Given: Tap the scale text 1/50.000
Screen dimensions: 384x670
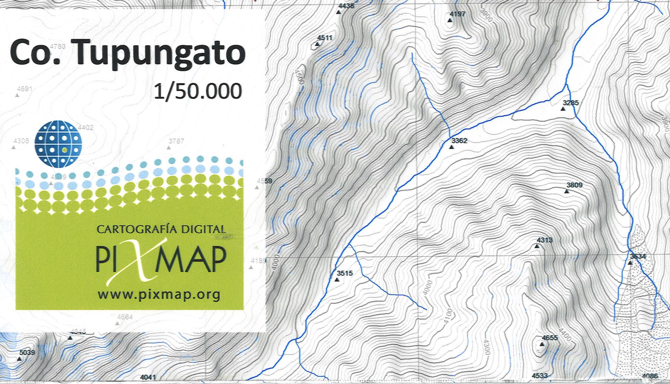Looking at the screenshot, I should [198, 91].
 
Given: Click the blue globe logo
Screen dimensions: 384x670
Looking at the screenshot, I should [58, 143].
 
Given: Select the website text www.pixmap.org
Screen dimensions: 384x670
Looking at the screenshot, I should [159, 295].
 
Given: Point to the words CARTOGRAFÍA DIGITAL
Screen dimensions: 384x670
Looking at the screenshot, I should [161, 229].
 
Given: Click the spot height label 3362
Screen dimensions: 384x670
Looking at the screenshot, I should [459, 141].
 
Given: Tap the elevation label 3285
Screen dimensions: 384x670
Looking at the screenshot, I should [570, 103].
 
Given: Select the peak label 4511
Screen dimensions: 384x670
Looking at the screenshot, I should [324, 38].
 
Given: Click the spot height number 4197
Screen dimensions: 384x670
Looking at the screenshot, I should [457, 14].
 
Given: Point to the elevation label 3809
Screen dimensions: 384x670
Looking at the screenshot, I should [574, 185].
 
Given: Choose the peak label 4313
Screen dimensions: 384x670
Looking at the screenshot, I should [544, 240].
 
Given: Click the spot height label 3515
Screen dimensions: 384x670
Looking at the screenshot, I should [344, 273].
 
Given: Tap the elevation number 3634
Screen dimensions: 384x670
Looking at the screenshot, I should [638, 257].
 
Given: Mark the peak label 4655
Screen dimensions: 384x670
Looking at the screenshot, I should [550, 338].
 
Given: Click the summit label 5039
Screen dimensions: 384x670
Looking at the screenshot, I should [27, 353].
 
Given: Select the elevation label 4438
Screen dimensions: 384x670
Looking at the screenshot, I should [346, 6].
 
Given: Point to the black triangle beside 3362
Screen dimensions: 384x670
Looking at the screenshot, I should [451, 147].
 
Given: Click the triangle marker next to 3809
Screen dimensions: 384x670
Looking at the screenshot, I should [567, 191].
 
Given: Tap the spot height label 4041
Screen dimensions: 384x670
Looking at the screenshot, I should [148, 377].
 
